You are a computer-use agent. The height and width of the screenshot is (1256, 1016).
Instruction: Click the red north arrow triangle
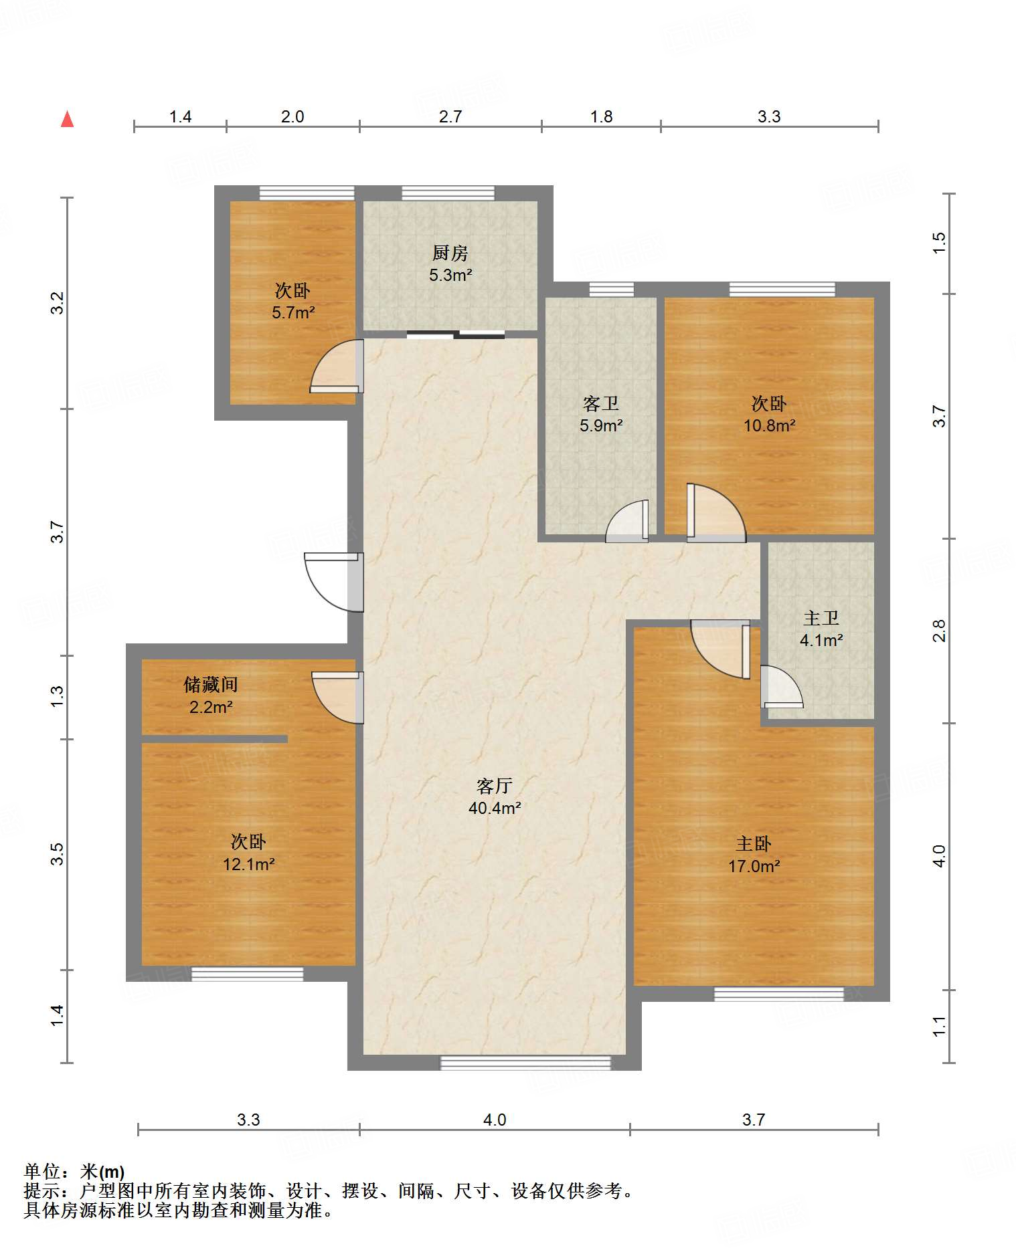(x=67, y=120)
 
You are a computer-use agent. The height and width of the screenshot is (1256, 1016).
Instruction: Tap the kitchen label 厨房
(x=450, y=253)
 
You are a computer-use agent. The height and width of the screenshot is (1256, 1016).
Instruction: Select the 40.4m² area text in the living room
(x=495, y=808)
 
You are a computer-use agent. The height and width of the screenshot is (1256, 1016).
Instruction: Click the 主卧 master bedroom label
(x=754, y=843)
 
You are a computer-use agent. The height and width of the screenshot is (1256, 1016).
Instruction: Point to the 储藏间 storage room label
(x=211, y=684)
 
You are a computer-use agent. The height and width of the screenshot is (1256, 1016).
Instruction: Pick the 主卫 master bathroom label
(x=821, y=618)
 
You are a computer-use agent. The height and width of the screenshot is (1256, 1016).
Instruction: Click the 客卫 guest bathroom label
(x=600, y=403)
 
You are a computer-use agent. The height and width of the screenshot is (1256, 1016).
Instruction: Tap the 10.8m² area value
(x=769, y=425)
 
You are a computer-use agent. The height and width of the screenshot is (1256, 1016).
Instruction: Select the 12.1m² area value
(x=248, y=864)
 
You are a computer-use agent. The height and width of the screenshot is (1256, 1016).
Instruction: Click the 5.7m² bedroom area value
(x=293, y=312)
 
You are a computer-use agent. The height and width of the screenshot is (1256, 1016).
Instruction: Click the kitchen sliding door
(x=455, y=334)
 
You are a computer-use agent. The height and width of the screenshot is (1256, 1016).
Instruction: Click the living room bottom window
(x=525, y=1063)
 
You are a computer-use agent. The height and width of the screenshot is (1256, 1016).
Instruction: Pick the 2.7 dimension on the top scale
(x=450, y=116)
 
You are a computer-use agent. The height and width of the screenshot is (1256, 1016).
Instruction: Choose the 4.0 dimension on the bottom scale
(x=495, y=1120)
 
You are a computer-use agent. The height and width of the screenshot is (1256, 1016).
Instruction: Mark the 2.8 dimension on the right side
(x=939, y=631)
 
